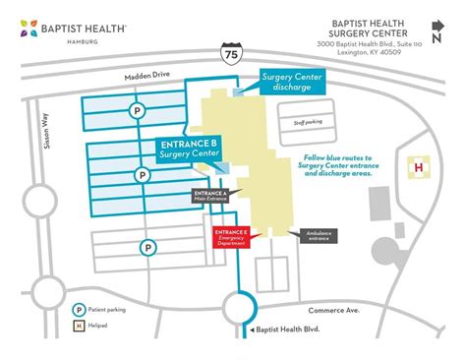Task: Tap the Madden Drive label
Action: pos(147,76)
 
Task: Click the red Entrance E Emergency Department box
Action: pos(232,237)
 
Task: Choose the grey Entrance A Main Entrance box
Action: pos(211,196)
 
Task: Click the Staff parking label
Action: pos(308,123)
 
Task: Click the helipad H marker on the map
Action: pos(419,167)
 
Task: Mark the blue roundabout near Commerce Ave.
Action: pos(241,303)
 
